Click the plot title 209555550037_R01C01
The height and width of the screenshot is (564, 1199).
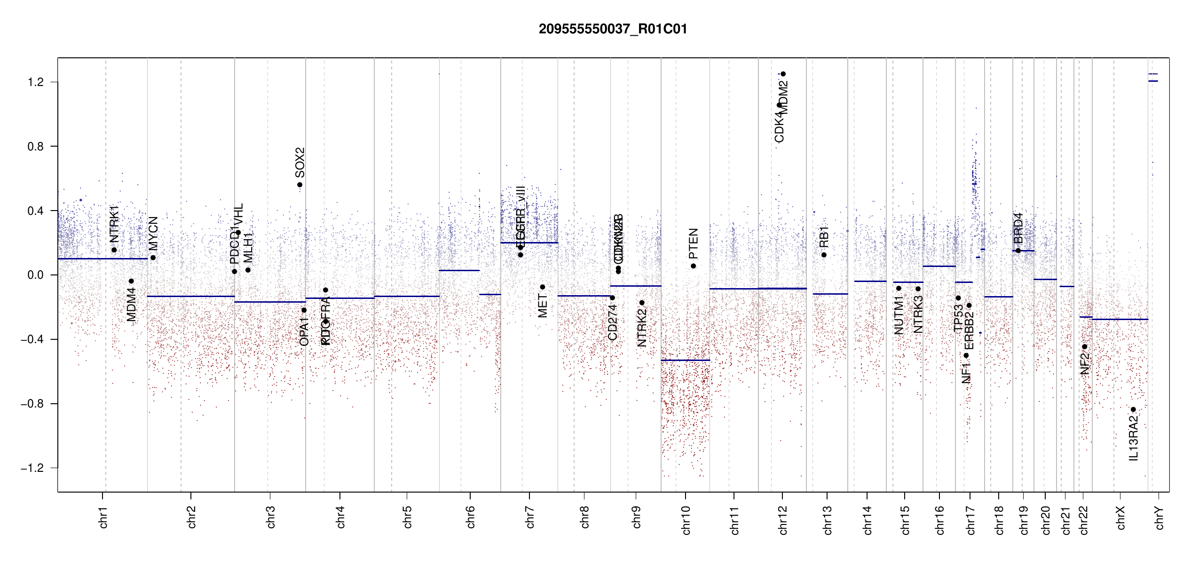[613, 29]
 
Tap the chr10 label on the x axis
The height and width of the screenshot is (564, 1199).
[686, 520]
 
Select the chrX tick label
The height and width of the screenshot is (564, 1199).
[1121, 517]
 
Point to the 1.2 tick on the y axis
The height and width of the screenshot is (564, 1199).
[35, 82]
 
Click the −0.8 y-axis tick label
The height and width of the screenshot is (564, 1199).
[32, 404]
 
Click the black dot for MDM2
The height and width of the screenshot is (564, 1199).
[783, 74]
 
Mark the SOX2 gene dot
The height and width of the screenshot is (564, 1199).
[300, 185]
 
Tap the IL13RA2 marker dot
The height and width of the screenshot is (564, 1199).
[1133, 409]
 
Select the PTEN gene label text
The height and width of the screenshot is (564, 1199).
[694, 243]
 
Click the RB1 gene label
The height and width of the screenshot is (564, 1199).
[824, 237]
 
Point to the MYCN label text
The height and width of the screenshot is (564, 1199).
[153, 233]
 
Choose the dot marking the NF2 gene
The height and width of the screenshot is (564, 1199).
[1085, 347]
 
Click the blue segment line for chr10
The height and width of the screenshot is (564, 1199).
[685, 360]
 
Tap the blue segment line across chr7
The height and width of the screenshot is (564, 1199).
[529, 243]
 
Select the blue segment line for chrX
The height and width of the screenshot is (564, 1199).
[1120, 320]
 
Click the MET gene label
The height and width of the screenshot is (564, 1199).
[543, 306]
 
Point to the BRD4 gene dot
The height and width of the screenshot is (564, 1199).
[1018, 251]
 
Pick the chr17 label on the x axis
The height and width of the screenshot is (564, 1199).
[970, 520]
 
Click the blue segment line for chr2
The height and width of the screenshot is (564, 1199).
[190, 296]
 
